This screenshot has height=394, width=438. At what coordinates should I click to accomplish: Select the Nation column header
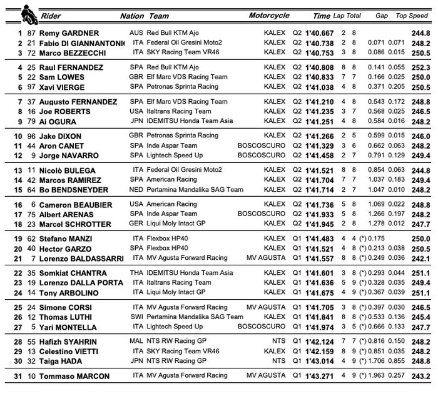pyautogui.click(x=131, y=16)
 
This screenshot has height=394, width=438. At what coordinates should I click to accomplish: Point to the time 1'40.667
pyautogui.click(x=320, y=33)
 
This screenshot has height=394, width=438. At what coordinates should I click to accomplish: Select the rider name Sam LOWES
pyautogui.click(x=62, y=77)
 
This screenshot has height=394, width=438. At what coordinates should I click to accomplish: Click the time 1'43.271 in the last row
pyautogui.click(x=320, y=377)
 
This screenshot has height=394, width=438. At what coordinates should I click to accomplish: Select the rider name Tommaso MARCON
pyautogui.click(x=74, y=377)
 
